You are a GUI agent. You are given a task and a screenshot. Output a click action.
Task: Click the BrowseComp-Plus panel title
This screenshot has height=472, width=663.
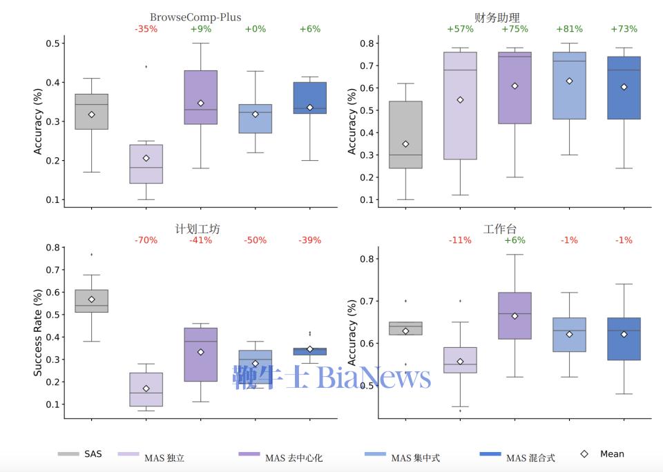[x=195, y=17]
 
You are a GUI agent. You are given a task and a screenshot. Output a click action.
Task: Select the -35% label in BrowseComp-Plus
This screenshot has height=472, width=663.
[x=146, y=29]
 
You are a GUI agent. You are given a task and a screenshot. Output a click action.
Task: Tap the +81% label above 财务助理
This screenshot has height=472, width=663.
[x=569, y=29]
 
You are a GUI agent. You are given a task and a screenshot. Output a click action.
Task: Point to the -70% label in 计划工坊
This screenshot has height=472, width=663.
[x=146, y=240]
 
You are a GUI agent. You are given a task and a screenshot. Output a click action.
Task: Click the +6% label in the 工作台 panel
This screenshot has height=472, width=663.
[x=515, y=240]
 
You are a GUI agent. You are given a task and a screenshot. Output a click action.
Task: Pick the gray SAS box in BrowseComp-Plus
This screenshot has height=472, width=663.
[x=91, y=112]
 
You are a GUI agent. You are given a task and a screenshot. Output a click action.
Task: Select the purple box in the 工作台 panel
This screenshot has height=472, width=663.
[x=515, y=315]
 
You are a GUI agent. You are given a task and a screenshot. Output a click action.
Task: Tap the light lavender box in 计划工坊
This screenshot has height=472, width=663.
[x=146, y=389]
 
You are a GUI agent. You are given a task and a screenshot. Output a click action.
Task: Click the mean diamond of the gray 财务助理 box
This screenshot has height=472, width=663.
[x=405, y=144]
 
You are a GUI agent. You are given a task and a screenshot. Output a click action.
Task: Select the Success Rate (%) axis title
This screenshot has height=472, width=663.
[x=39, y=332]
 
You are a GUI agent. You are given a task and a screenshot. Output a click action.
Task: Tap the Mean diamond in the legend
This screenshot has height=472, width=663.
[x=584, y=454]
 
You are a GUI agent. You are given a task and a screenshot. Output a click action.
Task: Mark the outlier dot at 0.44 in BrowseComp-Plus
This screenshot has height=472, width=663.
[x=146, y=66]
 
